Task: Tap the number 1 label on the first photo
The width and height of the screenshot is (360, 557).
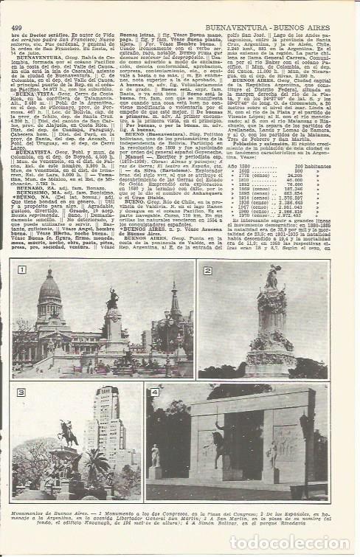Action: [22, 270]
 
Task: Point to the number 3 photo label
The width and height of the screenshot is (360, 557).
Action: [22, 392]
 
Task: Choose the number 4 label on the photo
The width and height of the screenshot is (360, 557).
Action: [154, 392]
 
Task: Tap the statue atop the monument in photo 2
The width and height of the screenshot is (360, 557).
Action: [271, 278]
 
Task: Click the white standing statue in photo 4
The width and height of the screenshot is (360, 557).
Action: [155, 454]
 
